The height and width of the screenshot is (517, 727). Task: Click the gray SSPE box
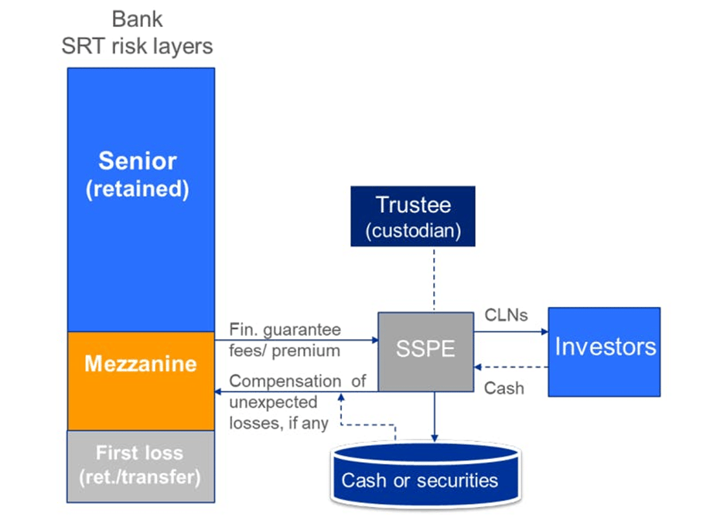coord(425,351)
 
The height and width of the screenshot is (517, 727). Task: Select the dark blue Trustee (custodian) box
coord(412,216)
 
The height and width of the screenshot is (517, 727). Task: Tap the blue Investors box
coord(604,351)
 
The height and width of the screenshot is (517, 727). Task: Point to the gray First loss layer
coord(140,465)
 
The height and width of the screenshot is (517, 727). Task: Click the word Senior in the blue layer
coord(138,161)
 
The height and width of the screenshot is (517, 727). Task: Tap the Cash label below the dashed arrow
coord(503,388)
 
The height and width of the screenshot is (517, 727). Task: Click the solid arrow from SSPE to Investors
coord(510,333)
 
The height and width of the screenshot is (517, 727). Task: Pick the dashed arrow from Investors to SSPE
coord(510,368)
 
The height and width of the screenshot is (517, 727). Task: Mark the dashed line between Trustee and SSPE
coord(434,279)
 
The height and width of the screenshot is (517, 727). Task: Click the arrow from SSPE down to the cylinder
coord(435,418)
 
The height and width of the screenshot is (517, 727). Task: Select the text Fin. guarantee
coord(285,330)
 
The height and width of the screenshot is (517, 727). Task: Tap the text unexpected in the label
coord(274,402)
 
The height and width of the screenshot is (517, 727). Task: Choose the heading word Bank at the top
coord(138,20)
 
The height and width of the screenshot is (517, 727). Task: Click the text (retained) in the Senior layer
coord(138,190)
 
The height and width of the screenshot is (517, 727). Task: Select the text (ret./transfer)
coord(140,478)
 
